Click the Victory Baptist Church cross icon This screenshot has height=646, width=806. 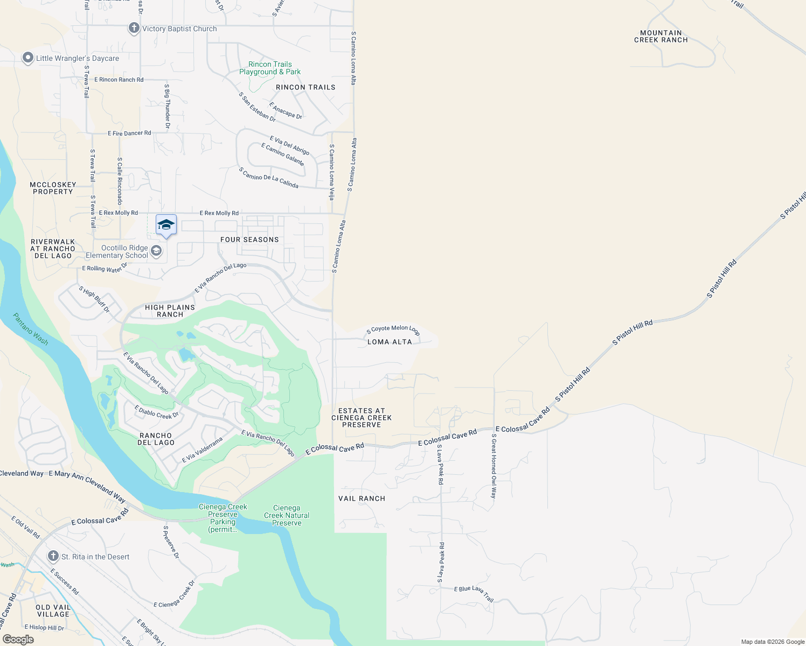[x=134, y=28]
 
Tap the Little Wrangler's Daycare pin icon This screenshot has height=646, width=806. [x=28, y=58]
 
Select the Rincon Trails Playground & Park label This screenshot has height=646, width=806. [x=270, y=68]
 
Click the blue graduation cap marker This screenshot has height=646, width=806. [x=166, y=225]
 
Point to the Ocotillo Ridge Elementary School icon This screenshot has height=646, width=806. [x=156, y=251]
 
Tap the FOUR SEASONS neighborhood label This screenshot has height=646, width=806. [x=249, y=240]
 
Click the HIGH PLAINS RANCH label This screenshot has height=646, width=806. [x=170, y=311]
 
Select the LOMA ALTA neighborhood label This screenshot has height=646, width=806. [x=390, y=342]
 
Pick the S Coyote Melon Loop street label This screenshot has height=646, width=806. [x=393, y=329]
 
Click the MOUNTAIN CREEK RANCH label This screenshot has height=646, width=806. [x=661, y=37]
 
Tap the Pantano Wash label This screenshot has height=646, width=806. [x=31, y=329]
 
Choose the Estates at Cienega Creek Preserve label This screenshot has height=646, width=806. [x=362, y=418]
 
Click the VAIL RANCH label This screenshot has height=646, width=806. [x=362, y=498]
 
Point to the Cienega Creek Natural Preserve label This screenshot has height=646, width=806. [x=287, y=515]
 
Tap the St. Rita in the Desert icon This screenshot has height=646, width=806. [x=53, y=556]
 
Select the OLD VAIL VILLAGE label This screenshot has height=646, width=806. [x=53, y=610]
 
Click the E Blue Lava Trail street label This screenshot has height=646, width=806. [x=474, y=594]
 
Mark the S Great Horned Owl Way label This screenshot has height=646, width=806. [x=494, y=466]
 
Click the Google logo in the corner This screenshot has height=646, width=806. [x=18, y=640]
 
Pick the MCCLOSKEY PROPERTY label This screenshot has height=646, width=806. [x=53, y=188]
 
